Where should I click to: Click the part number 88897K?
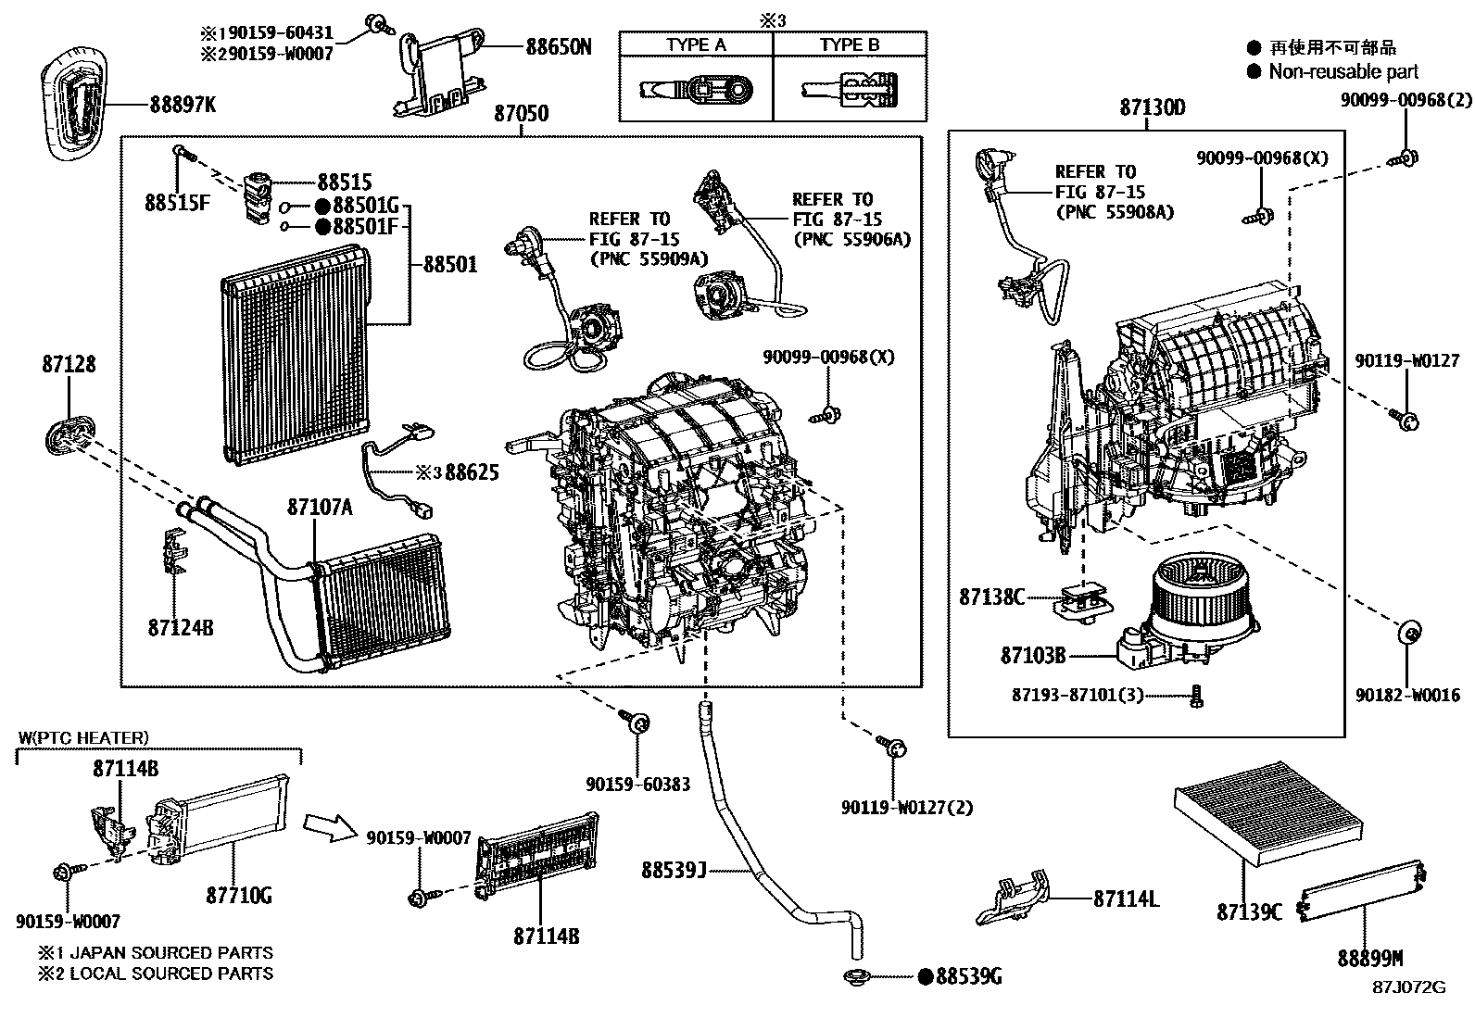pyautogui.click(x=183, y=105)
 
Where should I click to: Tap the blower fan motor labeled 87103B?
pyautogui.click(x=1180, y=607)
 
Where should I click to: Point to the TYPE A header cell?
pyautogui.click(x=696, y=44)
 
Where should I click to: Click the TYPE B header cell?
pyautogui.click(x=850, y=44)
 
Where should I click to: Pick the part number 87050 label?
pyautogui.click(x=521, y=114)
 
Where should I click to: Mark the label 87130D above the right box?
pyautogui.click(x=1152, y=107)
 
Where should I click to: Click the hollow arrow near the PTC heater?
pyautogui.click(x=329, y=824)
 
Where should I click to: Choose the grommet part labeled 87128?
pyautogui.click(x=68, y=434)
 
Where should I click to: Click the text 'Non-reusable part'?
pyautogui.click(x=1343, y=71)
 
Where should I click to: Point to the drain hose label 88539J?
pyautogui.click(x=674, y=870)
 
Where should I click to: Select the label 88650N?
pyautogui.click(x=559, y=46)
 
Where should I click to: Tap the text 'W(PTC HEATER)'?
pyautogui.click(x=83, y=737)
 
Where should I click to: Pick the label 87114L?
pyautogui.click(x=1126, y=898)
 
